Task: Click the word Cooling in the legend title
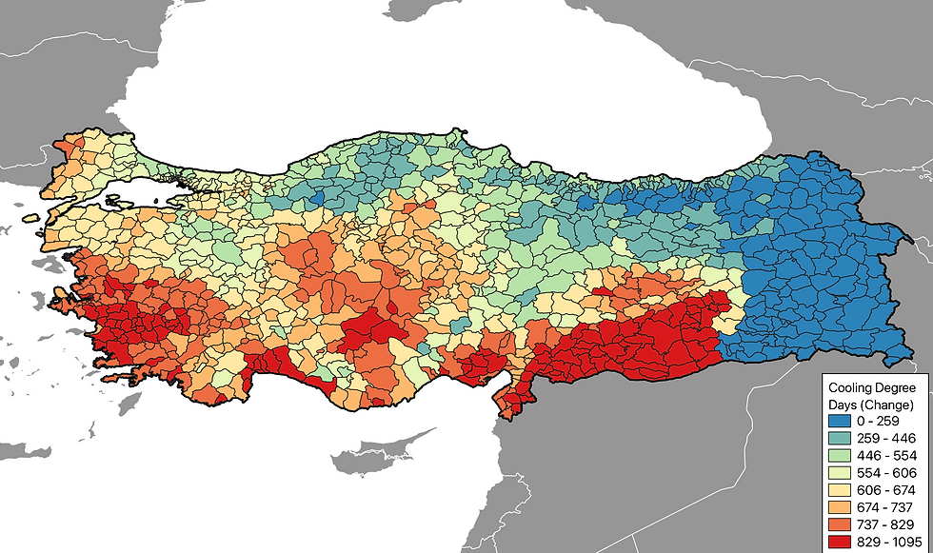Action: pos(850,388)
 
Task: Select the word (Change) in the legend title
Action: pos(887,405)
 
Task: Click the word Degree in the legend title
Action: pos(896,388)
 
